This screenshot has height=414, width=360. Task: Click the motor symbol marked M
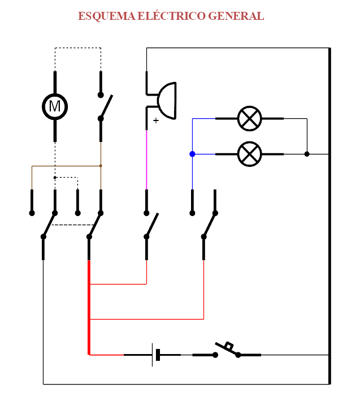point(55,105)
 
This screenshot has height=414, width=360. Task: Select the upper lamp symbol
point(249,118)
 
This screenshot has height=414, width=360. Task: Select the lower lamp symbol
point(249,153)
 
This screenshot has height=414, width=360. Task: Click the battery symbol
point(156,355)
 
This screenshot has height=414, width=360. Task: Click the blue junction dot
point(192,154)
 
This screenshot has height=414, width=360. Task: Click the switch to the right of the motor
point(105,106)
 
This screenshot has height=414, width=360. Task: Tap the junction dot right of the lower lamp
point(307,154)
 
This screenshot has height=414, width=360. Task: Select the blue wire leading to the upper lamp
point(203,119)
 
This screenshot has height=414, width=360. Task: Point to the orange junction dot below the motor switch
point(101,166)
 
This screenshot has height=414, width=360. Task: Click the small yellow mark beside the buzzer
point(156,120)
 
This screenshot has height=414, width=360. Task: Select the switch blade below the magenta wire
point(152,225)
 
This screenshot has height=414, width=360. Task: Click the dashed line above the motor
point(78,48)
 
